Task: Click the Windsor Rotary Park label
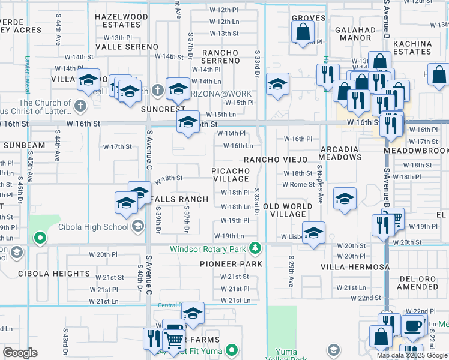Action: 208,248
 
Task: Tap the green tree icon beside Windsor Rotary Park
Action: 256,248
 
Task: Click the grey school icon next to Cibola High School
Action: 138,226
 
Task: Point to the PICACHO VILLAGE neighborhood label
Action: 231,175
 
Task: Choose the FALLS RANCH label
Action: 180,199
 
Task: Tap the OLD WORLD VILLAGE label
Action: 288,210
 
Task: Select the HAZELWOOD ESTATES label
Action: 125,21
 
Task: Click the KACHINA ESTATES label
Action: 412,47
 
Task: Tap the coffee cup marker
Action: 412,326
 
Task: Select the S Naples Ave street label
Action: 321,185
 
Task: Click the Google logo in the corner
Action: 20,353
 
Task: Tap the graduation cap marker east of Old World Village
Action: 345,199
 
